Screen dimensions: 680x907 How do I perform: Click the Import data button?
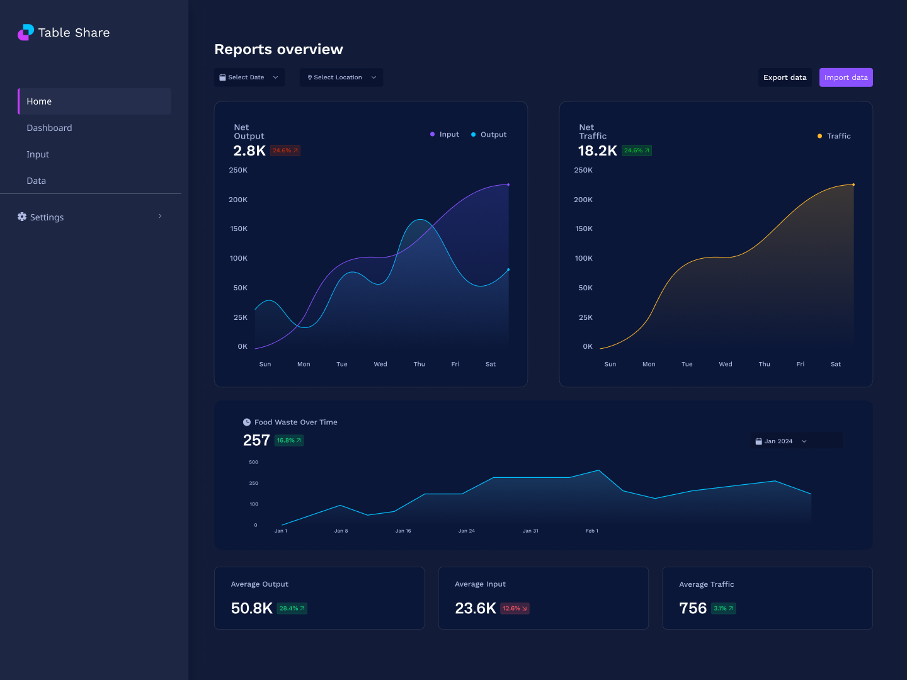click(x=846, y=77)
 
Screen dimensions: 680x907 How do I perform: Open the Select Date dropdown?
click(x=249, y=77)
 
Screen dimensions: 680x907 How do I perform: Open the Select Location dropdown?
click(x=341, y=77)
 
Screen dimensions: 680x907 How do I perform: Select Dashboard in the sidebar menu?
click(x=49, y=128)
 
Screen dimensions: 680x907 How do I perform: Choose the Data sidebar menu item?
click(x=37, y=181)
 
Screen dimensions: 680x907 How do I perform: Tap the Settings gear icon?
click(x=22, y=217)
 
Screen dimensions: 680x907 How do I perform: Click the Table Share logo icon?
click(x=26, y=32)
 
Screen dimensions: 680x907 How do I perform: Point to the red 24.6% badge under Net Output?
click(x=285, y=150)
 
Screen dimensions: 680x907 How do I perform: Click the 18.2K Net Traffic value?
click(x=597, y=150)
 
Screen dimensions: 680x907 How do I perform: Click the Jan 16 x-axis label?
click(x=403, y=531)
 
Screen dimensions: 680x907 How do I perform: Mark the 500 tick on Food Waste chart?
click(x=253, y=462)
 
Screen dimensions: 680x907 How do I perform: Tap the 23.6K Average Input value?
click(x=476, y=608)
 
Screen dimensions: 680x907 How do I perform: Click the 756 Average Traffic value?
click(x=693, y=608)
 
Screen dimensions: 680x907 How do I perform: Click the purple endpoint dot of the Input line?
click(x=508, y=184)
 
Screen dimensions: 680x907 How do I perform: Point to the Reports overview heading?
click(x=278, y=49)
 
